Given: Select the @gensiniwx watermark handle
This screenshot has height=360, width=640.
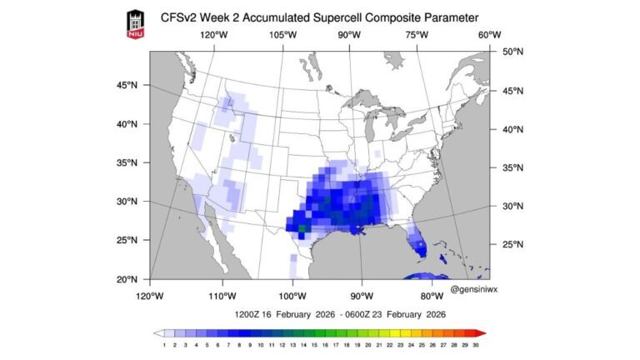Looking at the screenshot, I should (x=474, y=289).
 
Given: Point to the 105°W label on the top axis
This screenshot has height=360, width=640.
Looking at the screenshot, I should (x=283, y=35).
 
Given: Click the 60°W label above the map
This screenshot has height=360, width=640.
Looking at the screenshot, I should (x=489, y=35).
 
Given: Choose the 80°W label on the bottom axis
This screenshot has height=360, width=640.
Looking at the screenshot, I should (x=431, y=296).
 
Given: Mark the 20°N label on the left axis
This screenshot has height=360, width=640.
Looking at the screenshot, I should (x=127, y=279).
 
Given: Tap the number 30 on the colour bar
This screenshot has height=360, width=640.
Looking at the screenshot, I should (x=475, y=343).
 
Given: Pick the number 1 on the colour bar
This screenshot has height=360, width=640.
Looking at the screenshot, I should (x=164, y=343).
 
